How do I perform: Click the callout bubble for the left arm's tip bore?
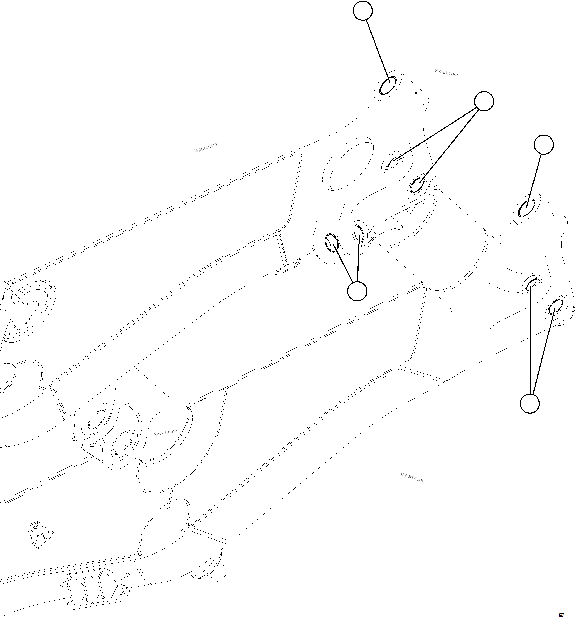tap(363, 10)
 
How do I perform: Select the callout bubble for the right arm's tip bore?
tap(544, 144)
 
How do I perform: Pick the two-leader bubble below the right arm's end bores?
tap(530, 403)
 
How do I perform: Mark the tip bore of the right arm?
tap(526, 206)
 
